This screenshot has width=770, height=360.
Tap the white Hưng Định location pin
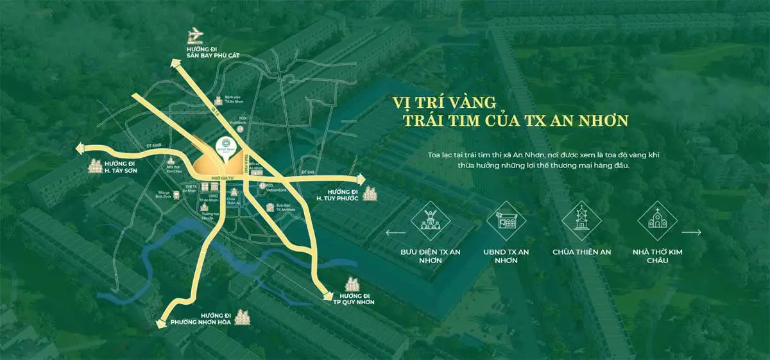230,146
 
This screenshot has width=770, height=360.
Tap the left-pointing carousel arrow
395,232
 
